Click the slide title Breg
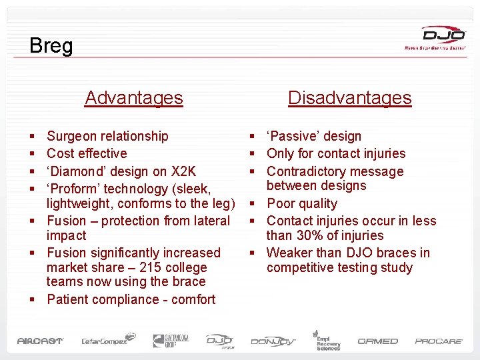[51, 46]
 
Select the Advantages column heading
[133, 98]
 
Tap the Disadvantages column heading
[349, 98]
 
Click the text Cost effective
[87, 153]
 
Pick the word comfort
[193, 299]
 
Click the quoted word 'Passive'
[294, 136]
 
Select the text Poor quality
[302, 203]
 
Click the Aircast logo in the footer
[40, 341]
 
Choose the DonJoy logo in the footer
[273, 341]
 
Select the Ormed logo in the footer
[377, 341]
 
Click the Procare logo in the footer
[439, 341]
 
